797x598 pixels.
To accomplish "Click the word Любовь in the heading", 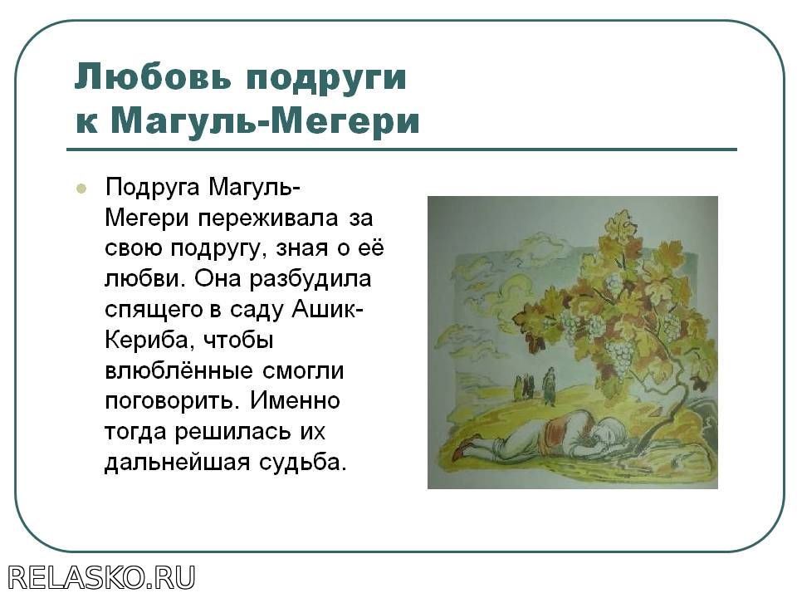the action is point(153,76).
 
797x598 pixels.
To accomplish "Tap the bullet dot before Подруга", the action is point(81,189).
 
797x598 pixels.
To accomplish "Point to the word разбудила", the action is point(310,281).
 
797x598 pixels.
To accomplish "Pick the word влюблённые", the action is point(178,370).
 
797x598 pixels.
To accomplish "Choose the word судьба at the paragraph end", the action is point(303,463).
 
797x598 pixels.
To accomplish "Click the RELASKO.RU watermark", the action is point(101,578).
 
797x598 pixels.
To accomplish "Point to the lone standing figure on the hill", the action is point(549,386).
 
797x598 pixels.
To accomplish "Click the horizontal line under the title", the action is point(402,149).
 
